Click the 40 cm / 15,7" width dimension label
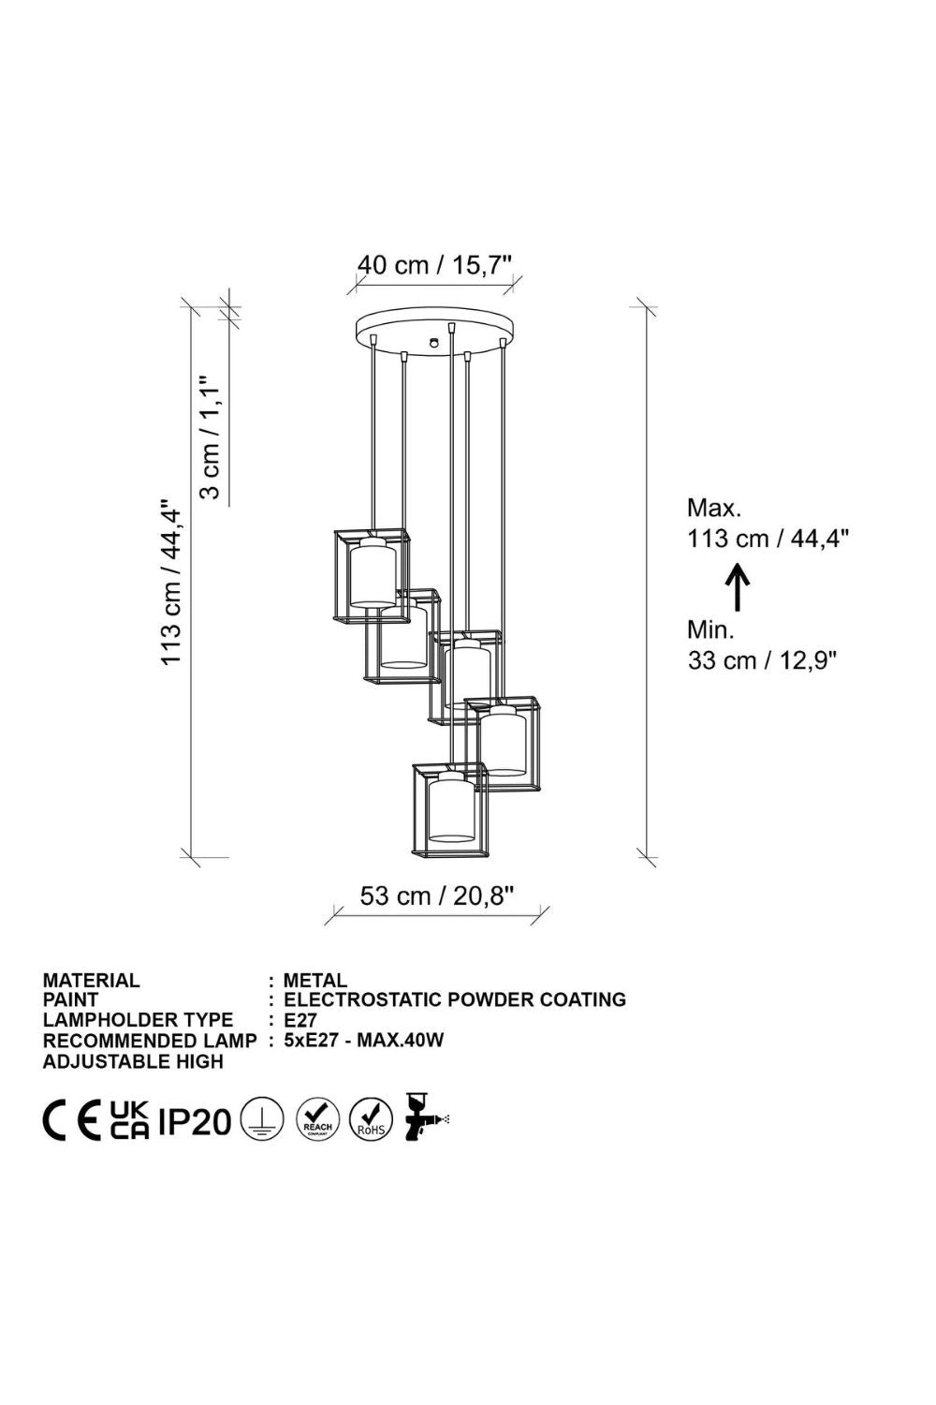point(436,265)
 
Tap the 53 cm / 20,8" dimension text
point(437,896)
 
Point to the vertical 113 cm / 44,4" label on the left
point(170,584)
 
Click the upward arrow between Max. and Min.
point(739,586)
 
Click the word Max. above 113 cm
point(714,508)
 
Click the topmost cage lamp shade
point(372,576)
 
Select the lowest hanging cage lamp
point(449,810)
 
